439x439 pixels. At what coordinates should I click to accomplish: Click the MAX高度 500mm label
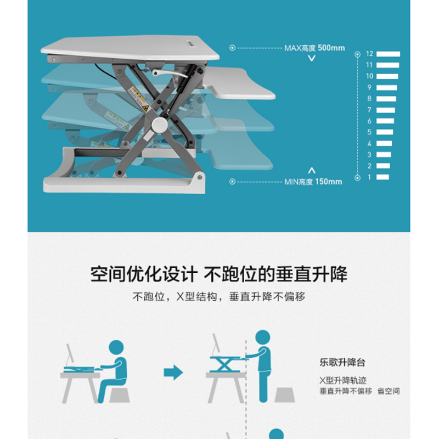[314, 48]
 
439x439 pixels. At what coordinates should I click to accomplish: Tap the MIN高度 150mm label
[313, 182]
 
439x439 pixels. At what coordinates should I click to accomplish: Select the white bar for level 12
[388, 54]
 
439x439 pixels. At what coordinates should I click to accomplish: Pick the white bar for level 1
[382, 177]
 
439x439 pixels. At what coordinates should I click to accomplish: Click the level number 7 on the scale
[369, 110]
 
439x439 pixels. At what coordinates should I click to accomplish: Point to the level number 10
[369, 76]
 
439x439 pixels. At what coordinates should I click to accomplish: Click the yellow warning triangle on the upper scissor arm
[145, 108]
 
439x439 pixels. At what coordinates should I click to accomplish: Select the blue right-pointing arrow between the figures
[173, 373]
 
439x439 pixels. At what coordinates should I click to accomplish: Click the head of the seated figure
[116, 347]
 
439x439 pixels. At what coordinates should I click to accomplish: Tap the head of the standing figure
[263, 337]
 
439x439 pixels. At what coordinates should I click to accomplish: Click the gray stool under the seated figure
[120, 395]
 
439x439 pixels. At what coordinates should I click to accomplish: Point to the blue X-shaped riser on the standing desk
[225, 364]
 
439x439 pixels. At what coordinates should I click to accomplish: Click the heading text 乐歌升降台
[342, 362]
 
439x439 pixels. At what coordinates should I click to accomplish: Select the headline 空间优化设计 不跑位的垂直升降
[219, 274]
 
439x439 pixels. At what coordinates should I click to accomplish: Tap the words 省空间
[389, 391]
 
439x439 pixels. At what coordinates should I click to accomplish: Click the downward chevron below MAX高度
[312, 58]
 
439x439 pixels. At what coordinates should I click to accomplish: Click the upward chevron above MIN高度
[312, 171]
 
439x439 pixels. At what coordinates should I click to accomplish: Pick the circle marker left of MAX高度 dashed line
[232, 48]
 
